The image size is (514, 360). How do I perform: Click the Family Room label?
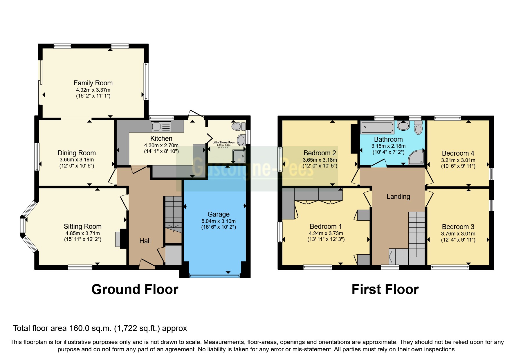(93, 83)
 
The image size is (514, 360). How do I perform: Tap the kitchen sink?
(161, 127)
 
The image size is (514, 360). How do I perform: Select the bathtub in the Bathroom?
(377, 127)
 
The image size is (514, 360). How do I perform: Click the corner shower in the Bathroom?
(416, 157)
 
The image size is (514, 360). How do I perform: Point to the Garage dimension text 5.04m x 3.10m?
(218, 221)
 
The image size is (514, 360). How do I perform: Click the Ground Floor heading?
(135, 289)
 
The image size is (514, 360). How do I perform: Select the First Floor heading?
(385, 289)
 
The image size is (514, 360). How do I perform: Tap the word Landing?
(398, 197)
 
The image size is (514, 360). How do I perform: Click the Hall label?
(145, 241)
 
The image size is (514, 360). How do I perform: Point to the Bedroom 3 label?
(458, 227)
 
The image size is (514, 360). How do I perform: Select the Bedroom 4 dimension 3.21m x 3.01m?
(458, 160)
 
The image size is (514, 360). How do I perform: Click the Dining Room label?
(77, 153)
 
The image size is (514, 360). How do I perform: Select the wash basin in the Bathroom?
(403, 126)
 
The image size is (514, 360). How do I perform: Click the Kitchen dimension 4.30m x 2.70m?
(161, 145)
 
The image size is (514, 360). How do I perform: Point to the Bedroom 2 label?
(320, 153)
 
